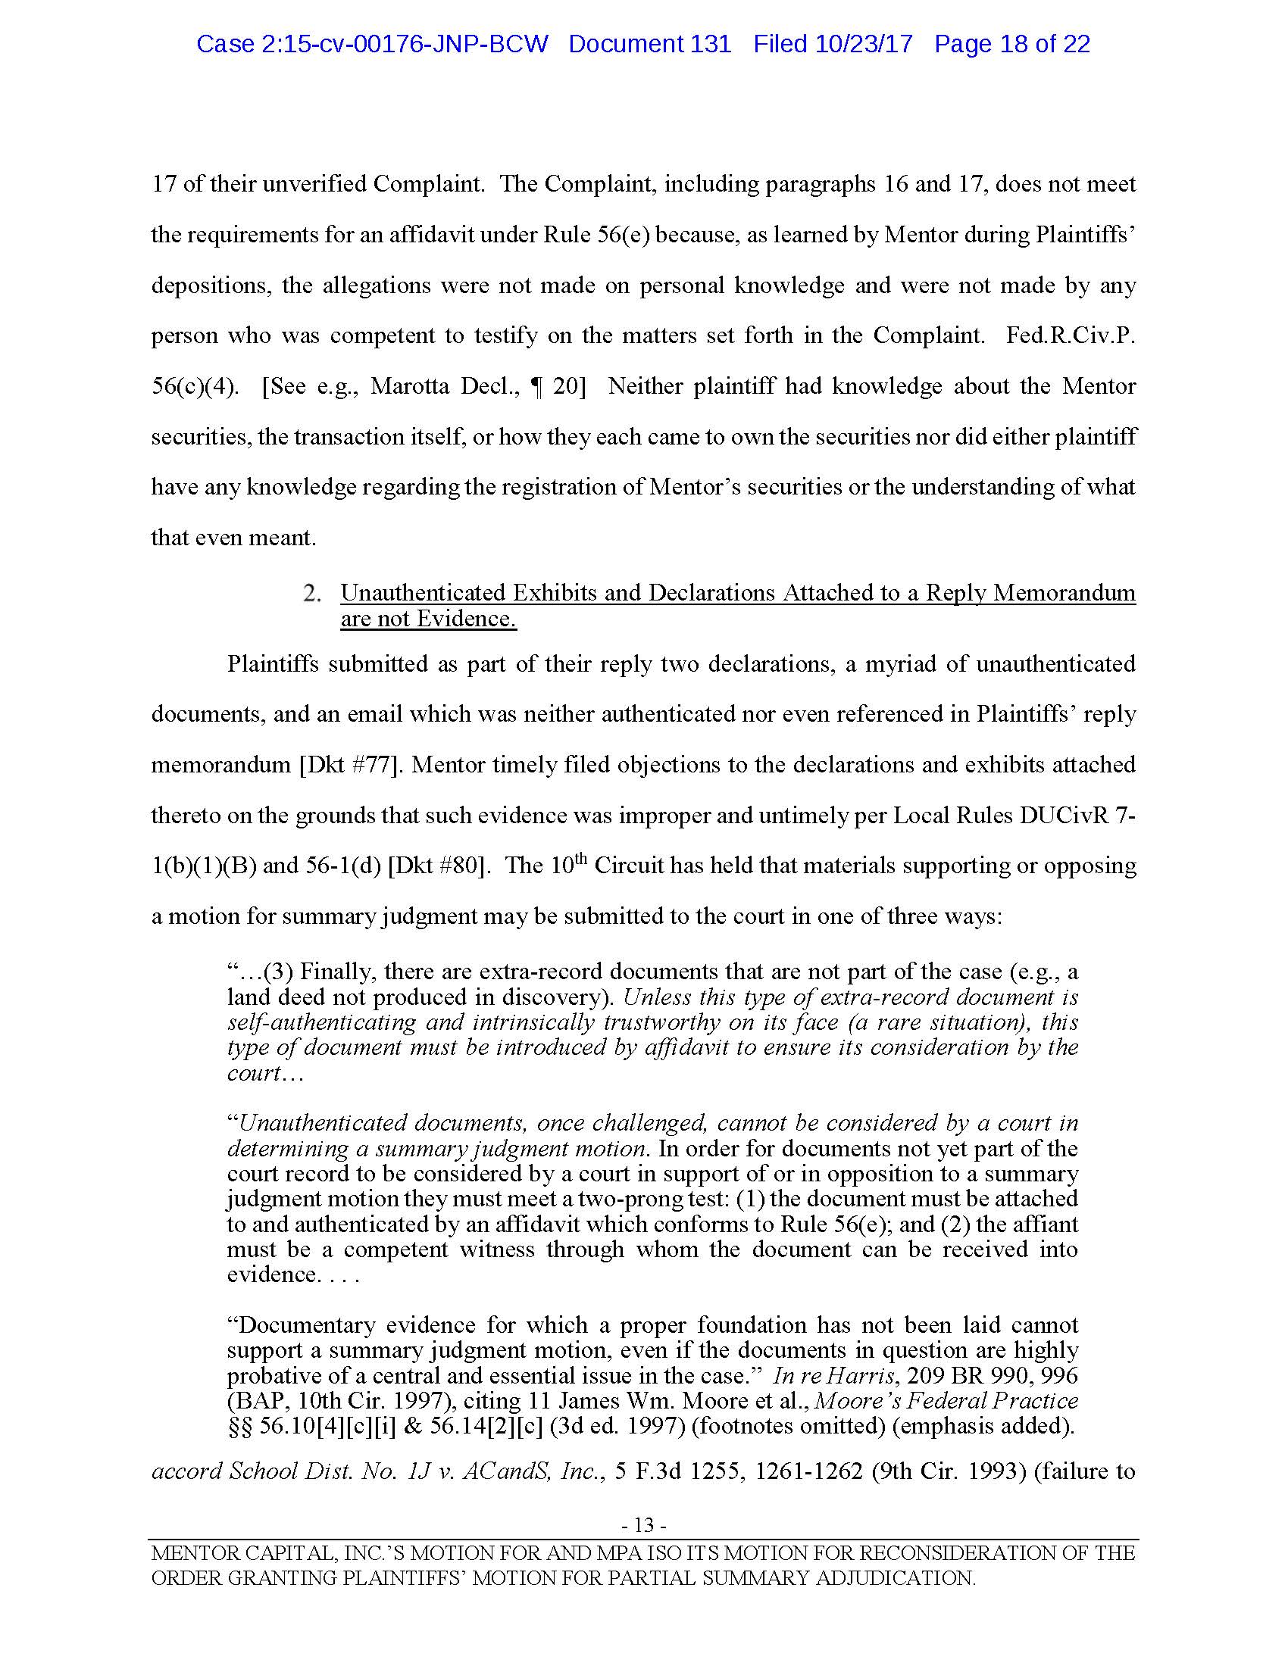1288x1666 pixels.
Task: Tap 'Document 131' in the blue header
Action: coord(649,44)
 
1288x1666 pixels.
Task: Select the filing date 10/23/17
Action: coord(864,44)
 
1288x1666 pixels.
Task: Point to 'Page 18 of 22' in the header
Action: coord(1011,44)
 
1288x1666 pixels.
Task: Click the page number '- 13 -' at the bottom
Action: coord(644,1525)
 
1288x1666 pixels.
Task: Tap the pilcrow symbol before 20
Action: coord(537,387)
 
